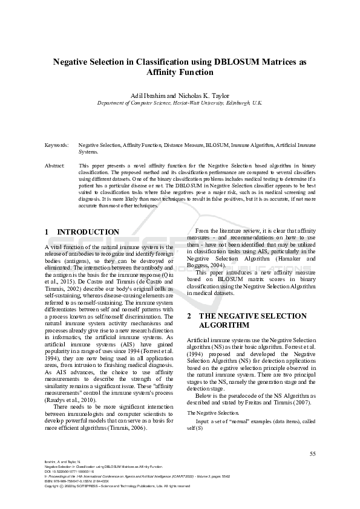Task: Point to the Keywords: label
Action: coord(56,146)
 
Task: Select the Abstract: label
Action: coord(55,165)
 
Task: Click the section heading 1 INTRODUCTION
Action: coord(82,232)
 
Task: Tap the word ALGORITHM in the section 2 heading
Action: coord(225,325)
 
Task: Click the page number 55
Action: coord(312,453)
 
